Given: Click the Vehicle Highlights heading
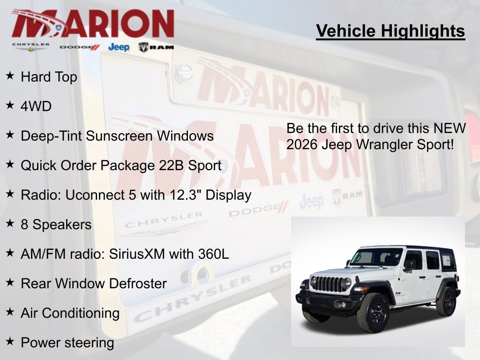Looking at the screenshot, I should coord(390,31).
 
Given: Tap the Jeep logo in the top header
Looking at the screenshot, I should coord(119,47).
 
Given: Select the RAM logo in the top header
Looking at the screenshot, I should coord(156,47).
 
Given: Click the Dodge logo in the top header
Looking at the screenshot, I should coord(80,47).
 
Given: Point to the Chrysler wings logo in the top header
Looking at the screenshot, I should coord(31,47).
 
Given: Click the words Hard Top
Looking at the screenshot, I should coord(49,77).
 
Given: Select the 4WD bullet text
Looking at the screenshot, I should coord(36,106).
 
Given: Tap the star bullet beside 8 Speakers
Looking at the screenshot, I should coord(10,224).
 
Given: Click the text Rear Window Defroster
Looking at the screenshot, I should coord(93,284).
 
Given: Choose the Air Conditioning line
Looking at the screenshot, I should coord(70,313).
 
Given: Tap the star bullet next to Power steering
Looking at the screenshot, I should coord(10,342).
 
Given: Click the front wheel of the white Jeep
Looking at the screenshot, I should coord(373,312).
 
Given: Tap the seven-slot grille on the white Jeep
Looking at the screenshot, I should coord(328,284).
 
